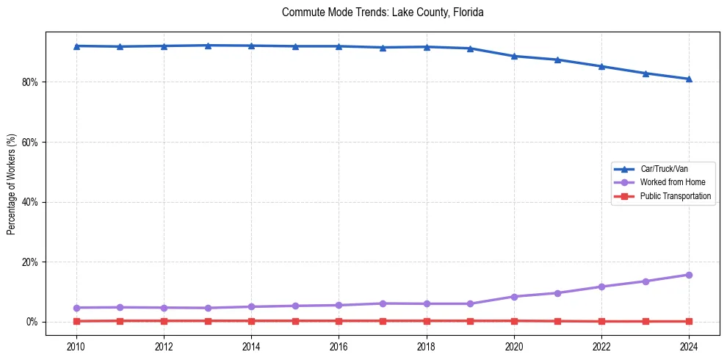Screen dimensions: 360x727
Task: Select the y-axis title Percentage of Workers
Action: pyautogui.click(x=11, y=184)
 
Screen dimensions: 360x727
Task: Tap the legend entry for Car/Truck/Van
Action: pyautogui.click(x=664, y=169)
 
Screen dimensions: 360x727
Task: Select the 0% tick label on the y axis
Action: pyautogui.click(x=32, y=322)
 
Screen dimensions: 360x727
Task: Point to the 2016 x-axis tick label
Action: pyautogui.click(x=339, y=346)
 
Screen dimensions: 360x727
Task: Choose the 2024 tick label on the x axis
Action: pyautogui.click(x=689, y=346)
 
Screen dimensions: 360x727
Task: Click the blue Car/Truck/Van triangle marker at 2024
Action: pyautogui.click(x=689, y=79)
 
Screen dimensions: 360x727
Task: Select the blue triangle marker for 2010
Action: pyautogui.click(x=76, y=46)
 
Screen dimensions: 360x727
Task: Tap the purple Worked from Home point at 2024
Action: pyautogui.click(x=689, y=275)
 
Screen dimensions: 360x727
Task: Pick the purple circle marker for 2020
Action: pyautogui.click(x=514, y=297)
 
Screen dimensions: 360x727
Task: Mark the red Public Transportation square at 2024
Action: pyautogui.click(x=689, y=321)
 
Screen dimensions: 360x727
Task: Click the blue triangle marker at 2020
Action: pyautogui.click(x=514, y=56)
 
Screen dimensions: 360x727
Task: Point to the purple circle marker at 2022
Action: pyautogui.click(x=601, y=287)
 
